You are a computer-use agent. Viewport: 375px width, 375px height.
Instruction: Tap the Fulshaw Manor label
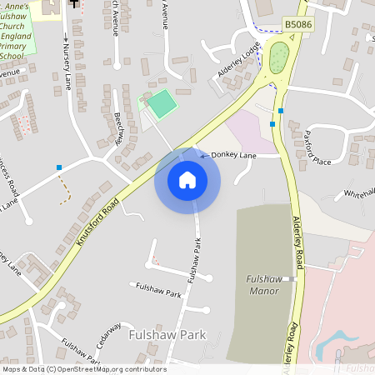point(264,285)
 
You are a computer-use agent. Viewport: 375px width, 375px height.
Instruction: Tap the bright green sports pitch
point(161,104)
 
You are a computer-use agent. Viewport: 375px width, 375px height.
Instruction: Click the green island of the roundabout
point(278,57)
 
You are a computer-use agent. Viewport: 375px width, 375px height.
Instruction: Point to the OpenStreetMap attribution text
point(84,369)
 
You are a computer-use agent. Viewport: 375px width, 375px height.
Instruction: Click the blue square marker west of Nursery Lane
point(59,167)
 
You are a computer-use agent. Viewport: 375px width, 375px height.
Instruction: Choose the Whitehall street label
point(359,192)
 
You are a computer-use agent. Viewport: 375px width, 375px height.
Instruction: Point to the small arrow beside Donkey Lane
point(203,155)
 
